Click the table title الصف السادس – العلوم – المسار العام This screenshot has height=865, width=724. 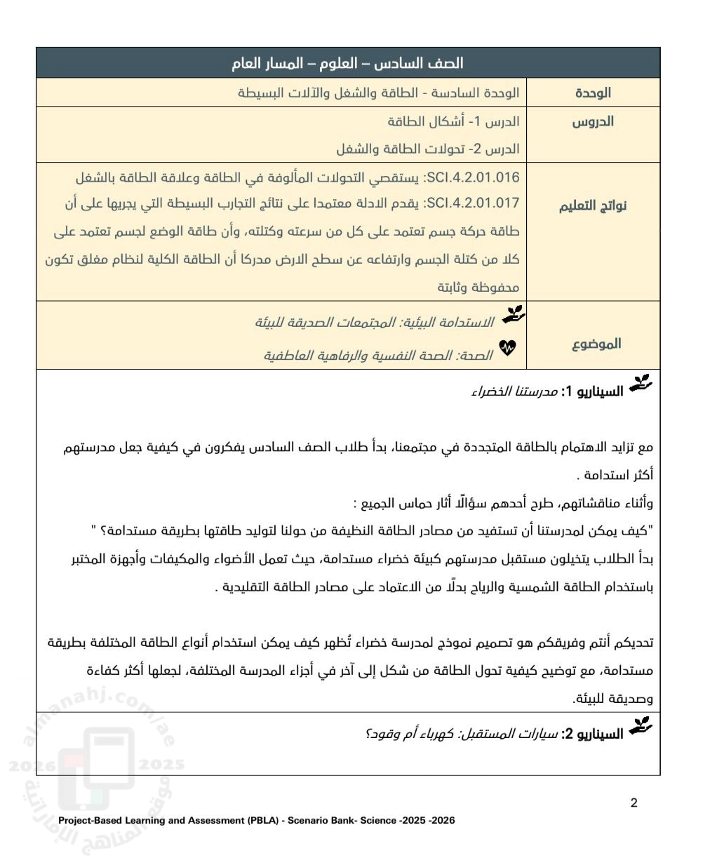tap(347, 63)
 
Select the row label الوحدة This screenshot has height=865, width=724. tap(593, 93)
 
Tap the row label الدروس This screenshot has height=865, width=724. tap(593, 121)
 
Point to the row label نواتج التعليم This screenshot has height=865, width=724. tap(593, 206)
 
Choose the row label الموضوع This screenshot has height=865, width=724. tap(596, 344)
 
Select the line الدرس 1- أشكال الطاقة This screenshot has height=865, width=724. tap(453, 121)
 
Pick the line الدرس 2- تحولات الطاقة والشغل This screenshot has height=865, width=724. tap(427, 149)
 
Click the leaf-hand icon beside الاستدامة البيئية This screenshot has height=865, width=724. tap(514, 315)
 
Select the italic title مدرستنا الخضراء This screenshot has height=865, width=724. tap(514, 391)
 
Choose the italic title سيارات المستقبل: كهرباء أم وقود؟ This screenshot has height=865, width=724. tap(461, 735)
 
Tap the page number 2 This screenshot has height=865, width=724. tap(634, 803)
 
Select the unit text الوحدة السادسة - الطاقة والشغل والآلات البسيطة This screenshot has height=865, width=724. tap(379, 93)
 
